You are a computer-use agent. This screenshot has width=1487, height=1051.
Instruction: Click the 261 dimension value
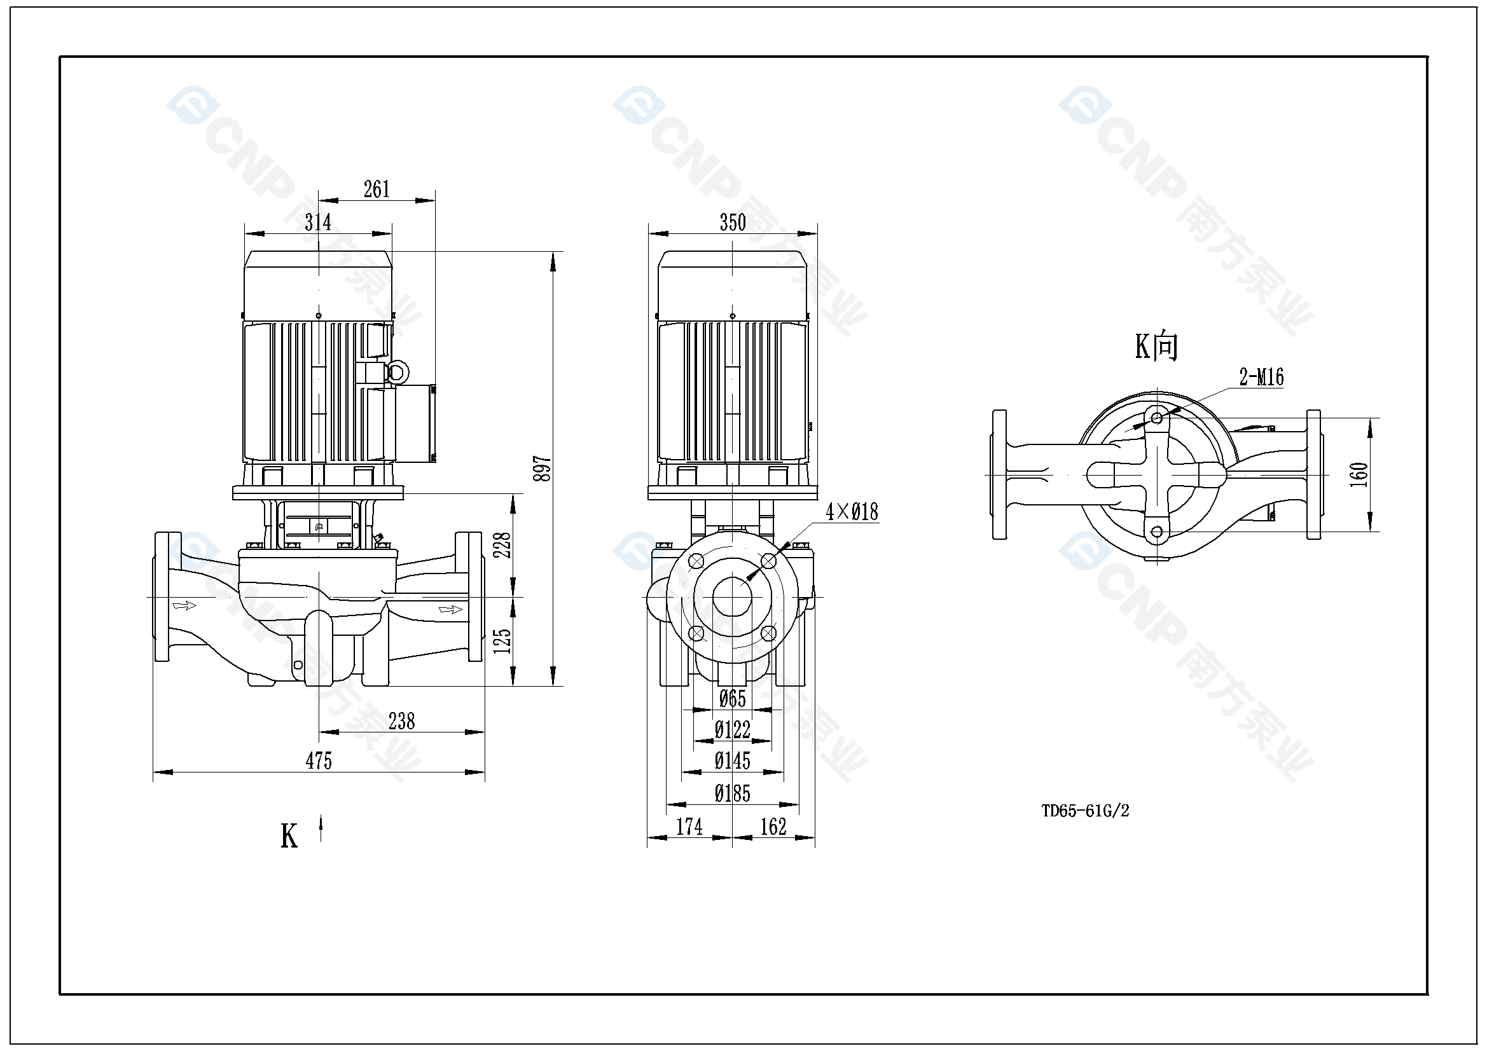click(x=377, y=189)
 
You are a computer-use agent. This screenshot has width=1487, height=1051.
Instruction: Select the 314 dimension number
click(x=318, y=223)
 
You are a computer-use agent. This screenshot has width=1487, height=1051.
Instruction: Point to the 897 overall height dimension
click(x=542, y=468)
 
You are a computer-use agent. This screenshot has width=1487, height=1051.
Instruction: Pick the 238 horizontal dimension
click(x=401, y=721)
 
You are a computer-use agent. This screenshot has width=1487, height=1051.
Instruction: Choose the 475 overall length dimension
click(x=319, y=760)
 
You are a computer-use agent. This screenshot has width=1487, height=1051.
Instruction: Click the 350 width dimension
click(x=733, y=223)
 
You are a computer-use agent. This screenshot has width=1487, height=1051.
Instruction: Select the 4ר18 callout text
click(x=852, y=512)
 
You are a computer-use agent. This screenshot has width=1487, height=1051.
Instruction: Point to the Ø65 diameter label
click(x=733, y=699)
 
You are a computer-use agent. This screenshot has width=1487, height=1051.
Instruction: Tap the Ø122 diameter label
click(x=733, y=730)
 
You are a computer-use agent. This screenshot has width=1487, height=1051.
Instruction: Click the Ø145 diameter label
click(x=733, y=761)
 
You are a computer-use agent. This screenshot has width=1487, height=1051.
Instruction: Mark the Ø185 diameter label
click(x=733, y=793)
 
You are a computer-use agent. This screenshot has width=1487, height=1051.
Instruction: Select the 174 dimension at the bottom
click(x=689, y=827)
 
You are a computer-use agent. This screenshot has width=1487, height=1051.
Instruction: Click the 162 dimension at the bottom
click(x=773, y=827)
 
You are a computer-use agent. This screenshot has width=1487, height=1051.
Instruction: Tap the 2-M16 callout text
click(x=1261, y=377)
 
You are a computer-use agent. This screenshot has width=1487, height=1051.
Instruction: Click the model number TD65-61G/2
click(x=1085, y=811)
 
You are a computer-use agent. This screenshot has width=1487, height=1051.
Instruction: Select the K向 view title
click(x=1156, y=347)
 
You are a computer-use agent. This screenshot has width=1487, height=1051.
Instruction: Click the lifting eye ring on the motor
click(x=396, y=373)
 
